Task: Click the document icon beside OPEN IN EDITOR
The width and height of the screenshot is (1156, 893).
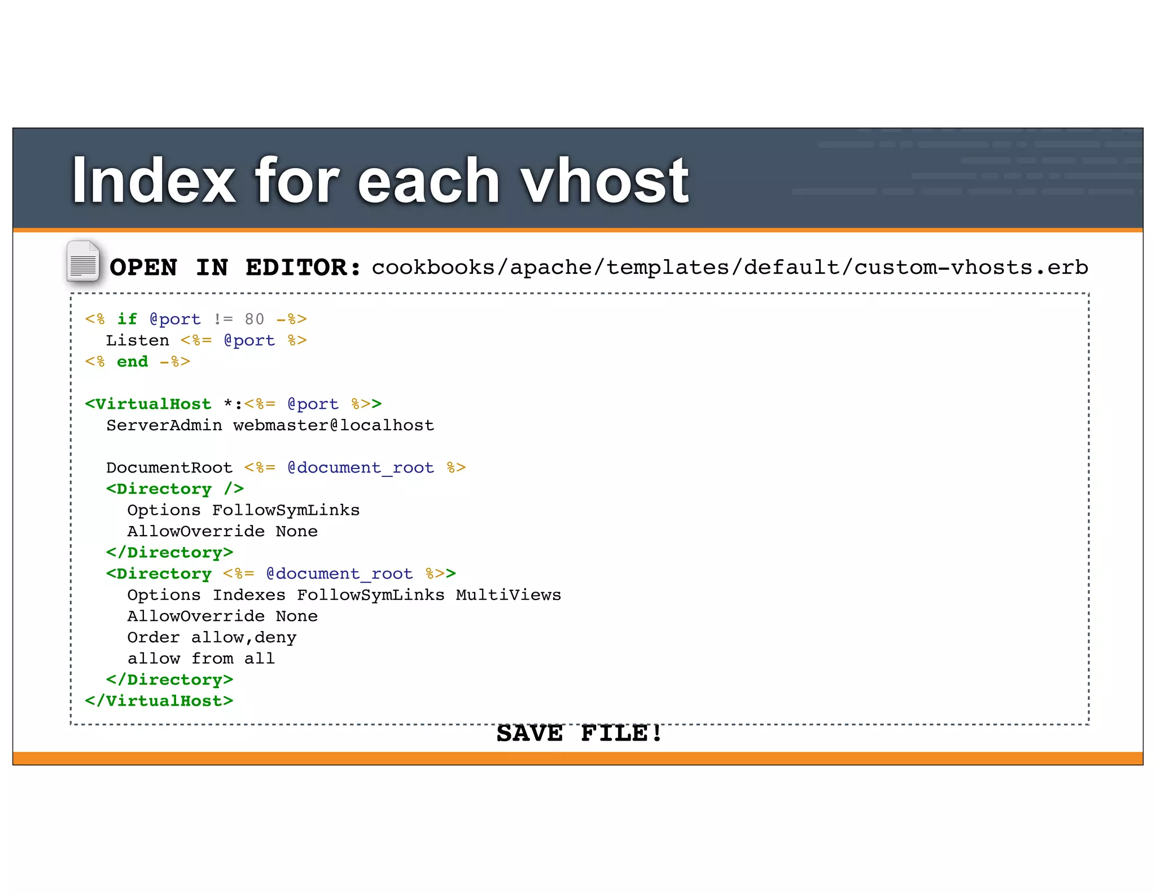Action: click(x=83, y=261)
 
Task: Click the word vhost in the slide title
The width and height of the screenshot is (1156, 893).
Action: click(x=604, y=181)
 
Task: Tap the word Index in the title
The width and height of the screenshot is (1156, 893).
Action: click(x=153, y=181)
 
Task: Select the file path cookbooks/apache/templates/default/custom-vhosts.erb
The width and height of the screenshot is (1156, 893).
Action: click(x=729, y=268)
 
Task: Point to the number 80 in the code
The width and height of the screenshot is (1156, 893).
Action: click(x=254, y=319)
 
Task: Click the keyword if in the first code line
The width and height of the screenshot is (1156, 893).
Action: click(x=127, y=319)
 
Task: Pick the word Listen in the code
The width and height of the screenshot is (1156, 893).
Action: click(x=137, y=341)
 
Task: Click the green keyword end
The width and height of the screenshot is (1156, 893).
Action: click(x=132, y=362)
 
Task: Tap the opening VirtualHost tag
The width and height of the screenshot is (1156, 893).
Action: click(x=148, y=404)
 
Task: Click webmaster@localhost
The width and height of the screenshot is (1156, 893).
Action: click(x=334, y=426)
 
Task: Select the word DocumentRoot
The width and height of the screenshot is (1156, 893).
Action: click(x=169, y=468)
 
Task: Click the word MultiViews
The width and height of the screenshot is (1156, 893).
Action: click(x=508, y=595)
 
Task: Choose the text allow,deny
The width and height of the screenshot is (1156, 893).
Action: click(x=243, y=638)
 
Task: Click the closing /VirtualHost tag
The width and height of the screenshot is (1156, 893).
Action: click(x=159, y=701)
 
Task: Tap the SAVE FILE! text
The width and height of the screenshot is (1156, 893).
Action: click(x=579, y=734)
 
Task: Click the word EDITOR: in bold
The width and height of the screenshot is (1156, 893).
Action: click(x=303, y=268)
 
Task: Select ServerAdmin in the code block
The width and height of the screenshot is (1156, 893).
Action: click(x=164, y=426)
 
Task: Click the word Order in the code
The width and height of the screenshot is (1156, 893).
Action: click(x=154, y=638)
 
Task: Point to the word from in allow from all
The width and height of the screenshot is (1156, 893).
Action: click(x=212, y=659)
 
